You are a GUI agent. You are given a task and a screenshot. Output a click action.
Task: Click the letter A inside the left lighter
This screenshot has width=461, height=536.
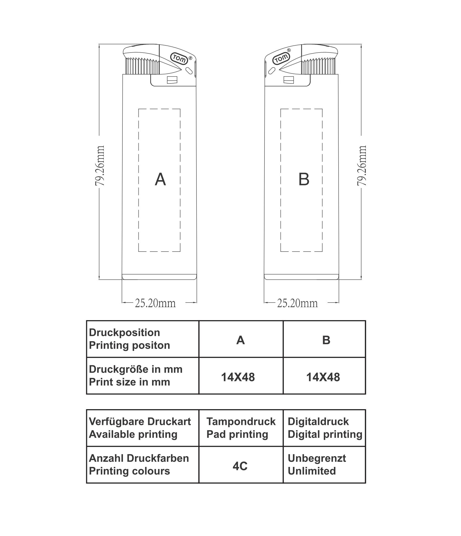click(x=160, y=179)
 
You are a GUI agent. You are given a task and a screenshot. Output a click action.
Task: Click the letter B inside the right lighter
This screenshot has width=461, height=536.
click(x=304, y=179)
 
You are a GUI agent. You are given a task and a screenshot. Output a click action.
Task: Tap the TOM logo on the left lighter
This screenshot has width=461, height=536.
click(x=179, y=59)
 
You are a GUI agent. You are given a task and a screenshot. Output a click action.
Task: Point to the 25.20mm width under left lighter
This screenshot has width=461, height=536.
click(x=155, y=303)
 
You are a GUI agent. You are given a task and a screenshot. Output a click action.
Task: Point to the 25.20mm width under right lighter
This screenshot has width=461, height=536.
click(x=297, y=303)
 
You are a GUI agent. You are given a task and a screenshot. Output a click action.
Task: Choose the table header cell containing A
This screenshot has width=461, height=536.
click(x=241, y=339)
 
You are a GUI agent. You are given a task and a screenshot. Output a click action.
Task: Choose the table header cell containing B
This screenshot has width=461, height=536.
click(x=324, y=339)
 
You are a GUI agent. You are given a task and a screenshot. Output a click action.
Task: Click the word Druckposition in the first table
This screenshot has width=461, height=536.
click(x=125, y=333)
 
